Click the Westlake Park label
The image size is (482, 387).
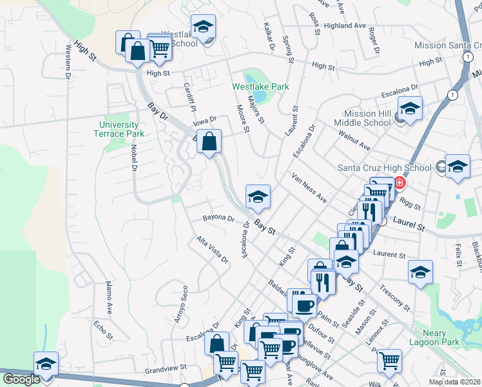(x=260, y=86)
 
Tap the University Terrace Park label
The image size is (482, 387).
(x=119, y=129)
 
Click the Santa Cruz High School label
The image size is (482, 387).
(x=385, y=168)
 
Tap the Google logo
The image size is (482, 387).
(x=21, y=379)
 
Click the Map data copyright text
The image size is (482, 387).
(x=455, y=382)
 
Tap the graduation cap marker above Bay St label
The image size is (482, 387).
(x=258, y=197)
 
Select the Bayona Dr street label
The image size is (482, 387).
(x=218, y=218)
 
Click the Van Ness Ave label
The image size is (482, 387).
(x=309, y=188)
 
